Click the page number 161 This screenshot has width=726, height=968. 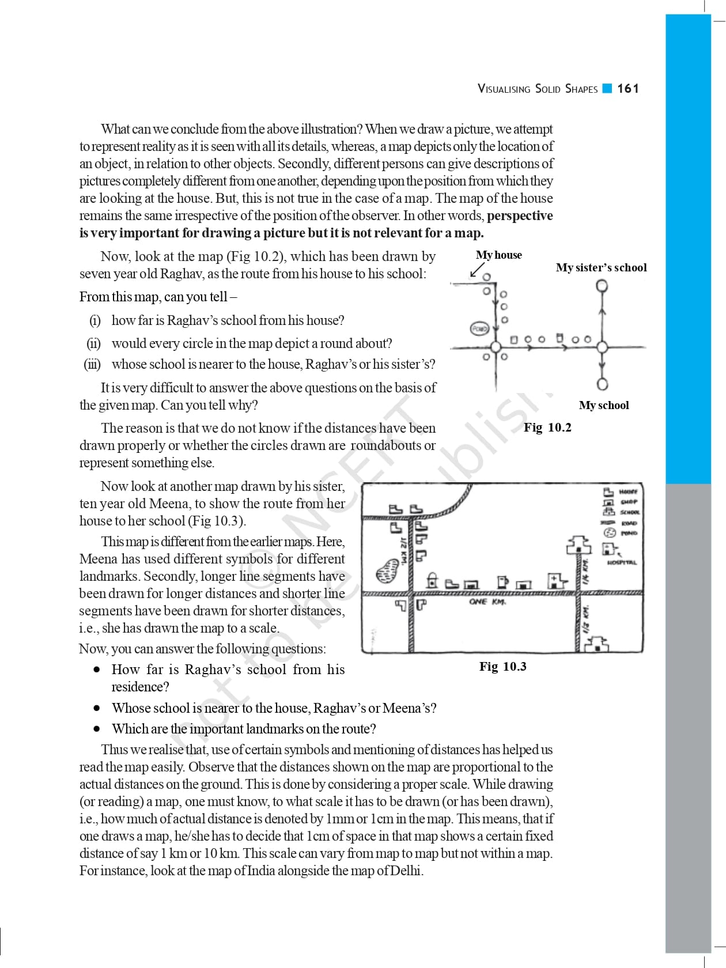pos(627,89)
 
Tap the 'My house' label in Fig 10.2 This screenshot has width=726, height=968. pos(498,255)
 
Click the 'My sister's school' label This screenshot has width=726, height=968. pos(601,267)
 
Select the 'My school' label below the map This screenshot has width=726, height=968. pos(603,405)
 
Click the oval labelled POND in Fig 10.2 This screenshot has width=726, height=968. pos(479,328)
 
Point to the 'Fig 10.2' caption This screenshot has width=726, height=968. pos(547,427)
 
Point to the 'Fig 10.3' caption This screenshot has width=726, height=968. pos(502,667)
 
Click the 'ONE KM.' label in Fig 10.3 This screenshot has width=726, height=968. pos(486,602)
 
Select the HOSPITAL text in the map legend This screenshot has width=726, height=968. pos(622,562)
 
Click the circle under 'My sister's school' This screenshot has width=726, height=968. pos(602,285)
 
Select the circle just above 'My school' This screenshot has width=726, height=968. pos(602,384)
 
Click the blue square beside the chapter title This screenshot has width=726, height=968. pos(607,89)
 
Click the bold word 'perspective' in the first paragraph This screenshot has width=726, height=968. pos(520,215)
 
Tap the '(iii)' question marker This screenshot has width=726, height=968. pos(92,364)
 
